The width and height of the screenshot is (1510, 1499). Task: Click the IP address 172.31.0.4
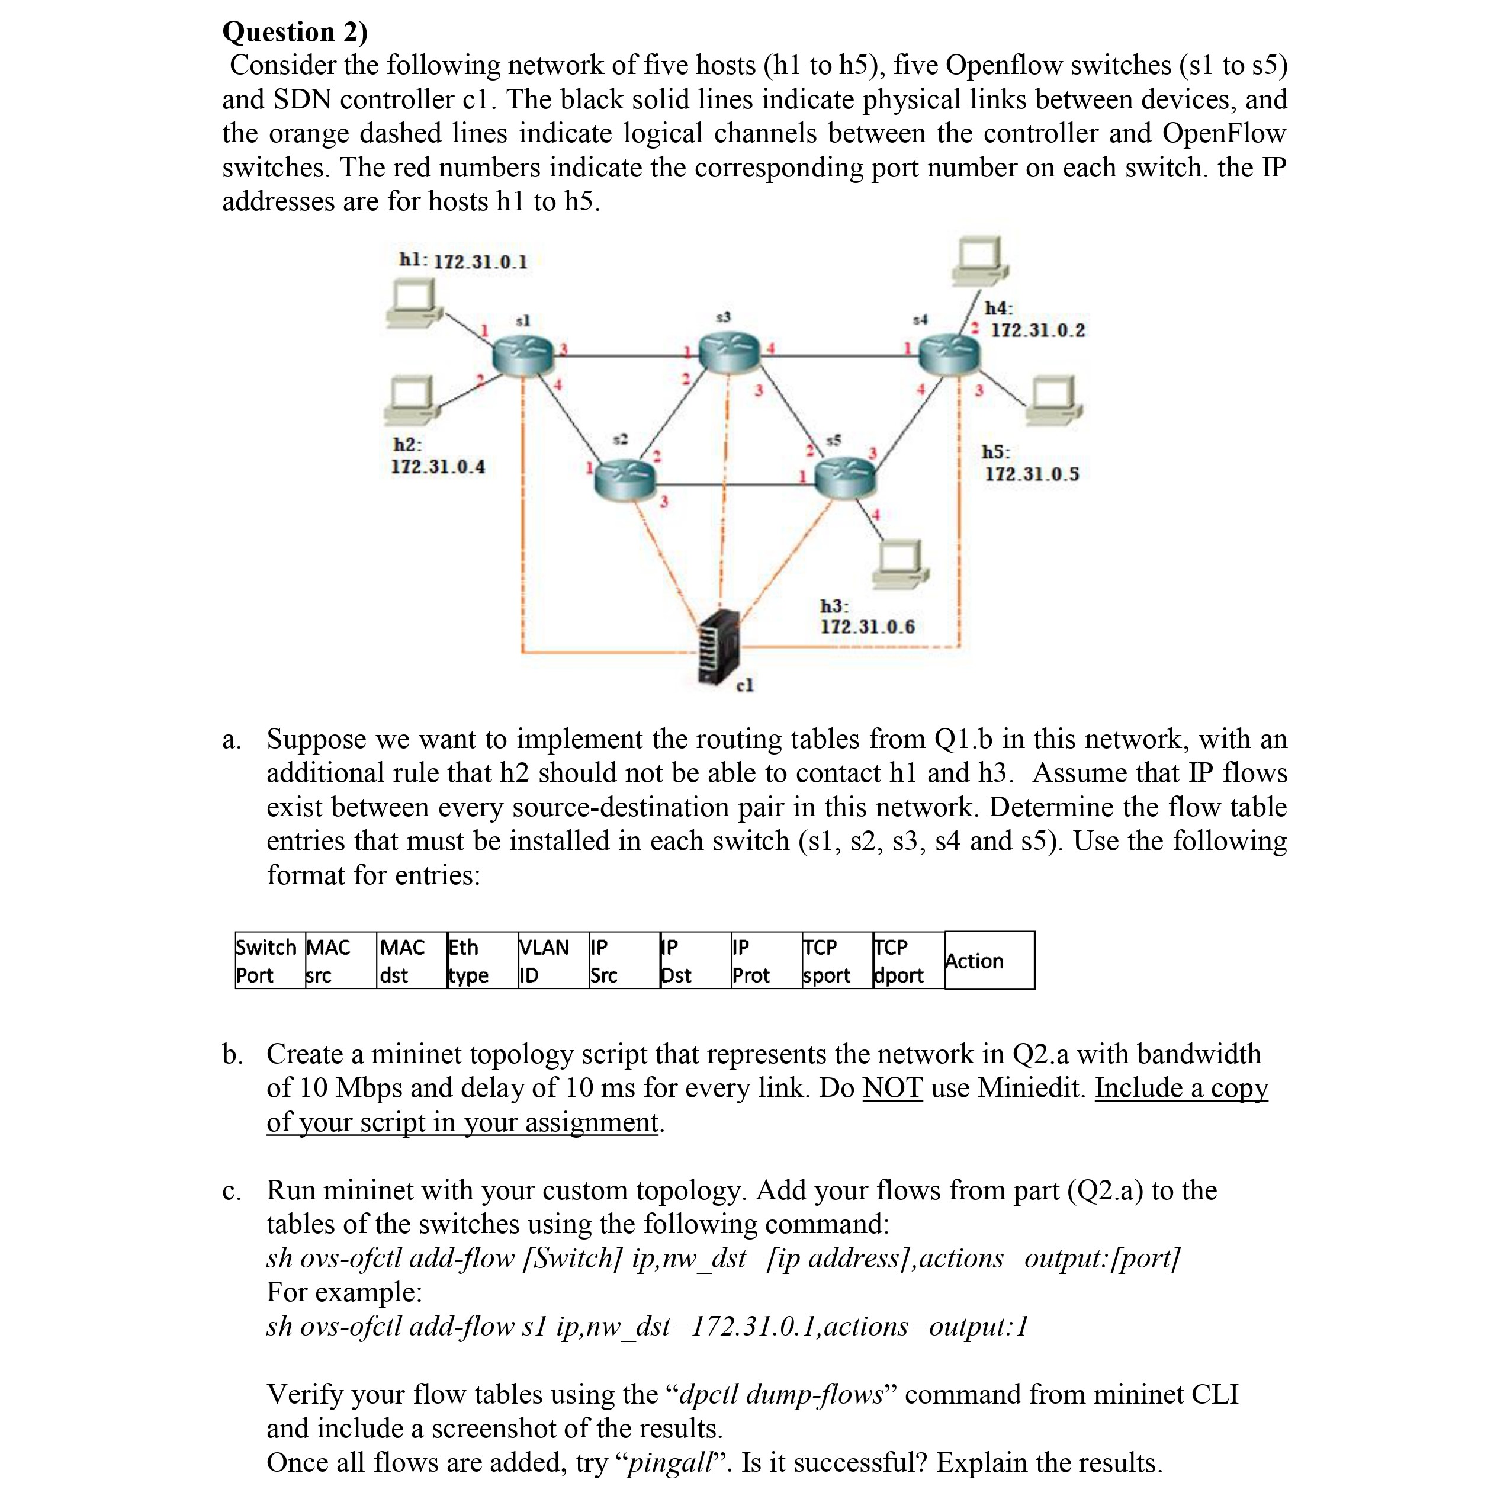[x=438, y=467]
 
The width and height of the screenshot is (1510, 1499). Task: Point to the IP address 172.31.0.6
[x=868, y=627]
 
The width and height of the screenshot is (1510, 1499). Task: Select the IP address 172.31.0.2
[x=1038, y=330]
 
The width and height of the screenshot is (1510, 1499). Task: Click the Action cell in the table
[x=989, y=961]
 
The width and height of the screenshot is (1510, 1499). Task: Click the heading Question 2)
[x=295, y=31]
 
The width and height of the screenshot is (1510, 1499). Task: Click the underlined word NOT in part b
[x=892, y=1087]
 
